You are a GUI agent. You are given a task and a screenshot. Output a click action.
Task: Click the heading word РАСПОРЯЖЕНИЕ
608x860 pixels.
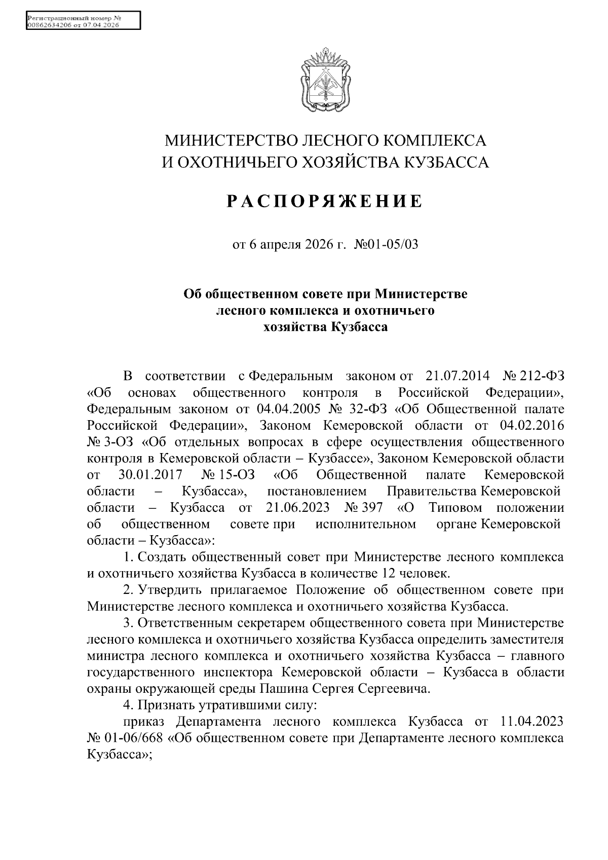[324, 201]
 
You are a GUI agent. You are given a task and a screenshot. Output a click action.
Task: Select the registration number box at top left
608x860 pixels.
[83, 21]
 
